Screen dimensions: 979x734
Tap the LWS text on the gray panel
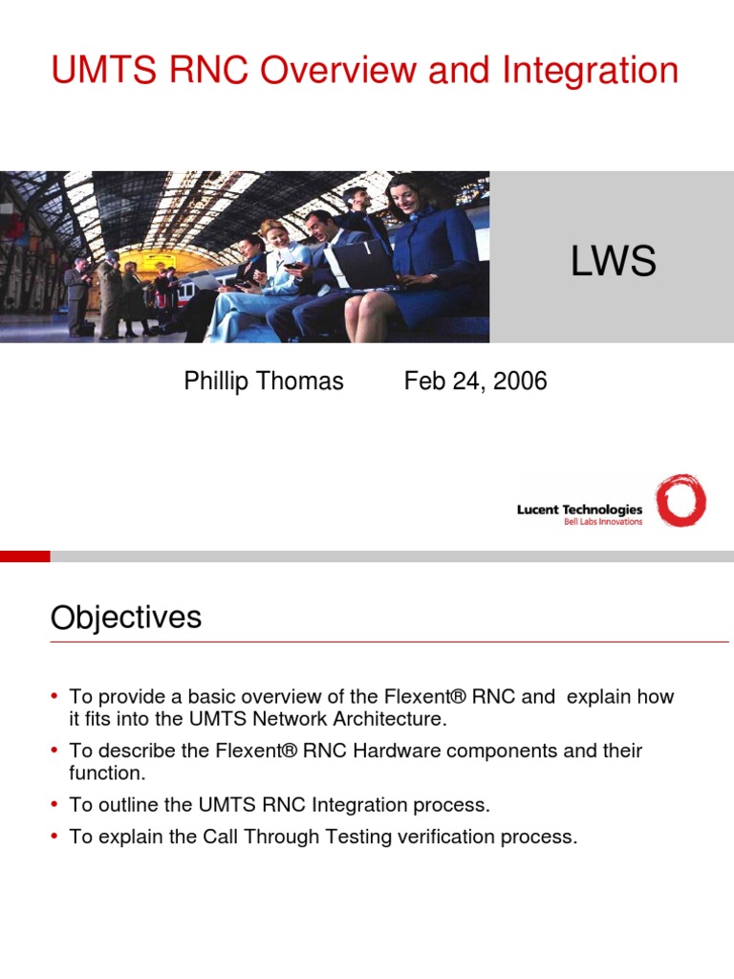tap(613, 261)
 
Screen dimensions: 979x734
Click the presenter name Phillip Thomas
tap(263, 381)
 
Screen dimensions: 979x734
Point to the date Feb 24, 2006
tap(475, 381)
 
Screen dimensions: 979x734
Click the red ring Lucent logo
tap(680, 501)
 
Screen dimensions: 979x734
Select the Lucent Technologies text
tap(579, 510)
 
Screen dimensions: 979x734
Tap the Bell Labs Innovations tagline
tap(603, 522)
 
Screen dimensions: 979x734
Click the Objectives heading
tap(125, 618)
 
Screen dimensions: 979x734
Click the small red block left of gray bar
tap(25, 555)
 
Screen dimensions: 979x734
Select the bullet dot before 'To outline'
tap(56, 805)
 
